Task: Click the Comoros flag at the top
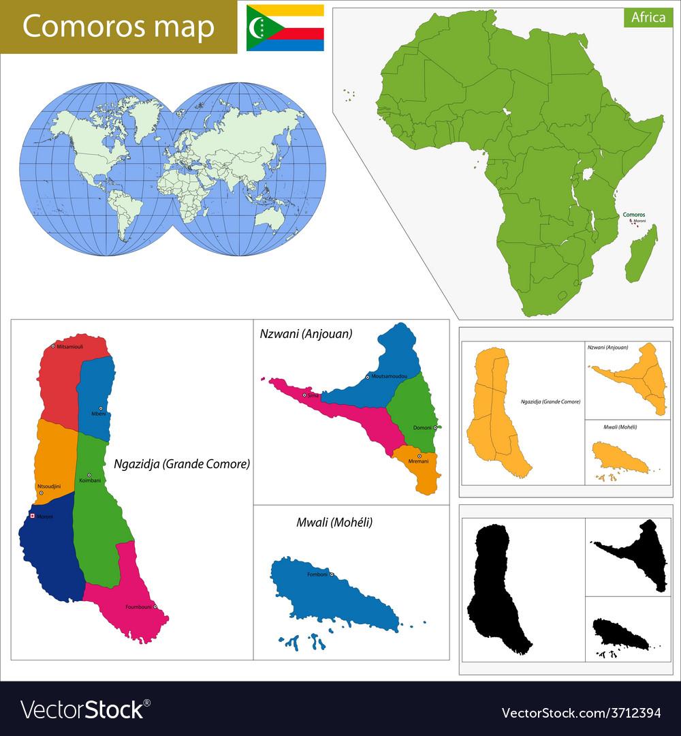[x=285, y=27]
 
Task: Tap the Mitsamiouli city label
[x=69, y=347]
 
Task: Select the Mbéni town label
[x=98, y=414]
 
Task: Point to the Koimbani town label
[x=90, y=480]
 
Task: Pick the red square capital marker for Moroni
[x=31, y=516]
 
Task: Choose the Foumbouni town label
[x=138, y=607]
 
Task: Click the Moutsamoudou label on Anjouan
[x=390, y=376]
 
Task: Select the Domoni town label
[x=422, y=428]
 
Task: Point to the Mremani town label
[x=418, y=461]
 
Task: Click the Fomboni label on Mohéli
[x=317, y=574]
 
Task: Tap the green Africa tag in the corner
[x=648, y=18]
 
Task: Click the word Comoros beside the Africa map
[x=633, y=215]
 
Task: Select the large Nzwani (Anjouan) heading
[x=306, y=334]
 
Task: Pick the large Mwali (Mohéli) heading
[x=334, y=523]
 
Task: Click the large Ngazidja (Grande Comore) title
[x=182, y=464]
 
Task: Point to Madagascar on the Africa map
[x=642, y=256]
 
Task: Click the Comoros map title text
[x=118, y=27]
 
